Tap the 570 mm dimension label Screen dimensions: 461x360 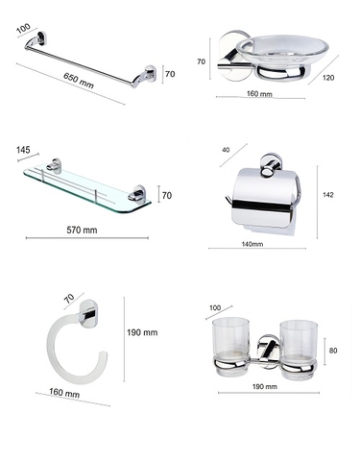click(x=82, y=230)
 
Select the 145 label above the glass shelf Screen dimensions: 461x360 click(x=24, y=151)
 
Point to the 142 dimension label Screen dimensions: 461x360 click(x=328, y=195)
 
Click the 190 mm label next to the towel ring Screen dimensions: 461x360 click(x=142, y=332)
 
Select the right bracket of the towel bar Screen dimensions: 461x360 click(x=148, y=73)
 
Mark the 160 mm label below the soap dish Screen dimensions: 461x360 click(x=259, y=95)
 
